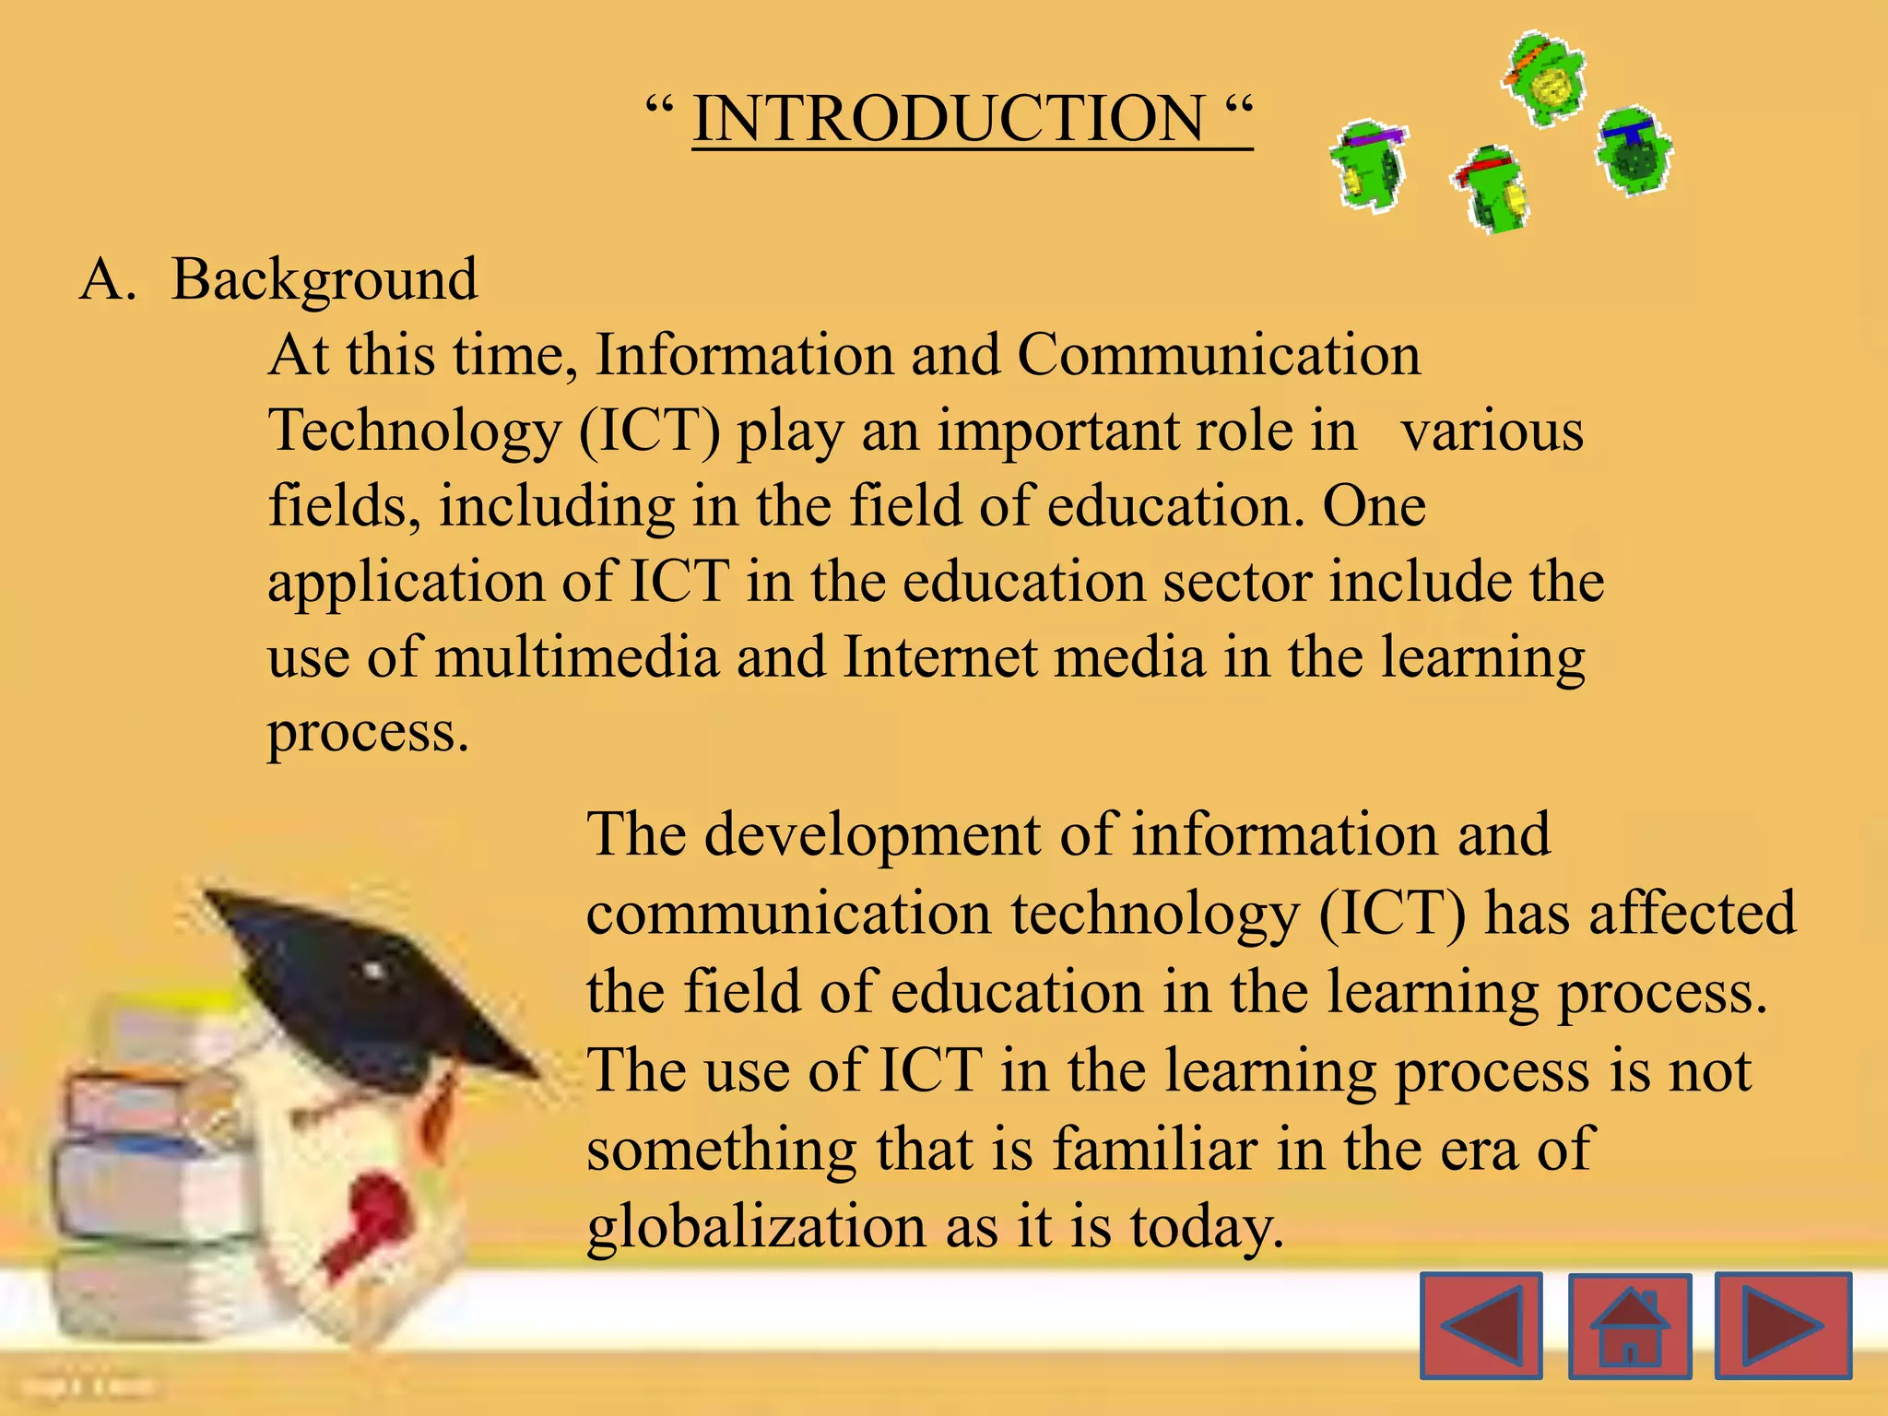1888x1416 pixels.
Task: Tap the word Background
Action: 324,279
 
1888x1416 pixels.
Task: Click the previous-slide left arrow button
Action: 1481,1326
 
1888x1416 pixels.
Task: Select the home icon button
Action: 1629,1326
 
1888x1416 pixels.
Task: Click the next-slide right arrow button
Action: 1783,1326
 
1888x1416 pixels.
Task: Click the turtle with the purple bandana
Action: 1369,166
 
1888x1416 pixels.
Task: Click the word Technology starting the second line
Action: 414,431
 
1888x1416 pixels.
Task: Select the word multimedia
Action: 577,658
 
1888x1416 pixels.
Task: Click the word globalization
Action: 756,1228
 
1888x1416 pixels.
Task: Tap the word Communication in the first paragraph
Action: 1219,355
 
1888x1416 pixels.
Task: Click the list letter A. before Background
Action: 108,279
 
